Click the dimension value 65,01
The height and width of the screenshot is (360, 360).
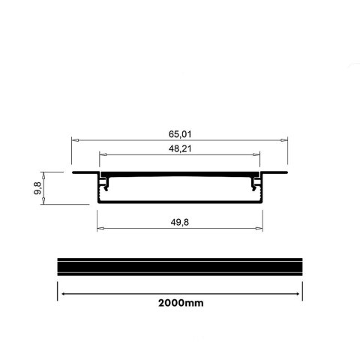(180, 134)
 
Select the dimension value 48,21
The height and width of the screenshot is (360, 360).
(180, 148)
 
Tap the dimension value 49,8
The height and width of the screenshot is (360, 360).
(180, 221)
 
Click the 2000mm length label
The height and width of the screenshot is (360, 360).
(180, 303)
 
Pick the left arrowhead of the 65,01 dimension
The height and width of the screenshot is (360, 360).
(73, 140)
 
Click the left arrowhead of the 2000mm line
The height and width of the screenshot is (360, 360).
(61, 292)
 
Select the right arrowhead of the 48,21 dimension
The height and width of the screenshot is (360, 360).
(259, 155)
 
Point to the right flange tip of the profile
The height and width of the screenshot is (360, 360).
(286, 173)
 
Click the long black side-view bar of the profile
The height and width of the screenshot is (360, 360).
(180, 267)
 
